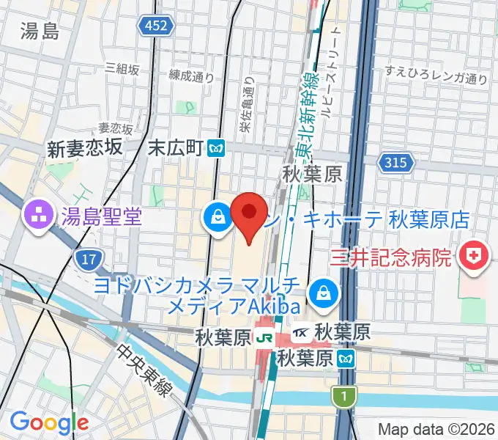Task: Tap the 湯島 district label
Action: [40, 32]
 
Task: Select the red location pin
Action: [249, 213]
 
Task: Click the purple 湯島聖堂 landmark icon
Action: [36, 216]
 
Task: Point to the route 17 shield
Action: [89, 258]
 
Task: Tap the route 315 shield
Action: [395, 163]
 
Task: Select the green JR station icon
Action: [264, 338]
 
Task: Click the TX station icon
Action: [300, 333]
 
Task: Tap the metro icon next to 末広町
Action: [216, 148]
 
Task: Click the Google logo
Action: [49, 422]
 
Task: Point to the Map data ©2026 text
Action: [436, 428]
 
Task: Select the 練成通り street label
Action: [191, 75]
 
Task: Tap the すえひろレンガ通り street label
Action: [436, 73]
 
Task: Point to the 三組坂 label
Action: [122, 67]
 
